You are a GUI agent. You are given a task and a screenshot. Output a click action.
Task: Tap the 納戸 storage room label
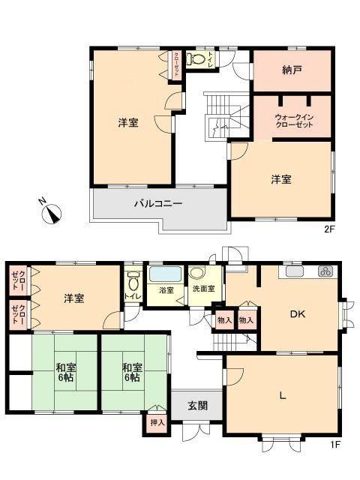292,70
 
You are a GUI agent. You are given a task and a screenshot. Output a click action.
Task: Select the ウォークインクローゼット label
294,121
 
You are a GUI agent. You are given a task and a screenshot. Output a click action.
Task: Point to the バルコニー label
158,203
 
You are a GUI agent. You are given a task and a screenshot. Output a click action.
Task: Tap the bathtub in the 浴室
165,274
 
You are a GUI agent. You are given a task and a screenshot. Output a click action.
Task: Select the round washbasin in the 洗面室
196,273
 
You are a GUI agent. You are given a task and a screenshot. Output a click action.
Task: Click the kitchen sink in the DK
295,271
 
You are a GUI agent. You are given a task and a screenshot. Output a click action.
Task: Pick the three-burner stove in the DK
325,271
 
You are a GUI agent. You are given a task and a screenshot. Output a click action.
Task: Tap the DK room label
298,314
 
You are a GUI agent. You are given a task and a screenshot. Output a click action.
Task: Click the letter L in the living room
283,396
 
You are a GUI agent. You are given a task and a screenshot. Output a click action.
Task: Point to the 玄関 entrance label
197,406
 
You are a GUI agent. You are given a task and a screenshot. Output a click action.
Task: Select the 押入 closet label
157,423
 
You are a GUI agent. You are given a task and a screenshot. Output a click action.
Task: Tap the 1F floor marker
335,445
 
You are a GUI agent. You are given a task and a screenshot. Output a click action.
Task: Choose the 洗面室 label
203,289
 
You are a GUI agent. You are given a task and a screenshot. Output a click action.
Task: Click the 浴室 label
166,290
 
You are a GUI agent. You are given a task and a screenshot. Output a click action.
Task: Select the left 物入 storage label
224,320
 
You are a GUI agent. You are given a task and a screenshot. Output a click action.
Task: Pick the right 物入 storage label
246,320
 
